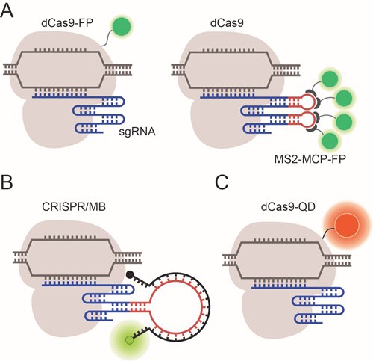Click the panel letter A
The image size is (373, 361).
pos(7,10)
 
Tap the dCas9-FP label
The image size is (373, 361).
pos(67,22)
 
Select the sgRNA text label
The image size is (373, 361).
pos(137,132)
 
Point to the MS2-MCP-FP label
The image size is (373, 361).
pos(310,159)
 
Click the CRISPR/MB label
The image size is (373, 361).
pos(74,207)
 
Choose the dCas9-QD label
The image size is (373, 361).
pos(288,207)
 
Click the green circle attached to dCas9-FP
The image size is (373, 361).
pos(122,25)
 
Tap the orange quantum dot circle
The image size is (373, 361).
pos(347,226)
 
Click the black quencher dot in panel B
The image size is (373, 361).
pos(130,274)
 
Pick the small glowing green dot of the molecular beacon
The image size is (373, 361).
pos(129,339)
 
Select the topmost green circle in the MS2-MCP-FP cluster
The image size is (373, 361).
pos(330,78)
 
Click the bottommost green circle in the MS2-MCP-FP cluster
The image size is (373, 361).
pos(330,141)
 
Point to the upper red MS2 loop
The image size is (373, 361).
pos(308,102)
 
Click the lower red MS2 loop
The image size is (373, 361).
pos(308,119)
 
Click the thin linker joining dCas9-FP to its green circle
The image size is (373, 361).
pos(107,38)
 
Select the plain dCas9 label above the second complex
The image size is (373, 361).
pos(227,22)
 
